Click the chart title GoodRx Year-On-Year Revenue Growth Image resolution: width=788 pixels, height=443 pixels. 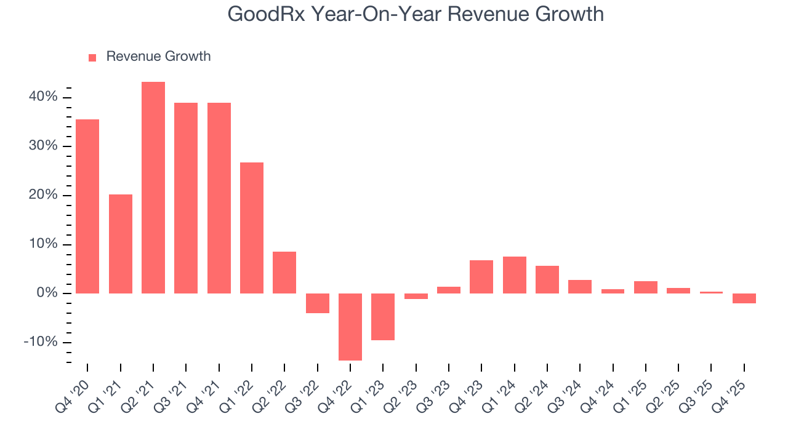(x=416, y=14)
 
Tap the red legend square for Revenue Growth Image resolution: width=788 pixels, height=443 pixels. (x=92, y=57)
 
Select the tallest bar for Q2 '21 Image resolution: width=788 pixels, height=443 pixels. (x=153, y=188)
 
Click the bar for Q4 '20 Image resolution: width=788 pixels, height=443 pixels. (x=87, y=206)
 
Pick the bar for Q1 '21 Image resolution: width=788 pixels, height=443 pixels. (x=121, y=244)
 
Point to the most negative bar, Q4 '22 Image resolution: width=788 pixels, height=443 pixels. (x=350, y=327)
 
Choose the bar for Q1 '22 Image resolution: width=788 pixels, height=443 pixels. (x=252, y=228)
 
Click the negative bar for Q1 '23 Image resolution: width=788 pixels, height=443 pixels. (x=383, y=317)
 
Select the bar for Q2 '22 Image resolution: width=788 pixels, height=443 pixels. (x=284, y=273)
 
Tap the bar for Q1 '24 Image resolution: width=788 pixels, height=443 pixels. (x=514, y=275)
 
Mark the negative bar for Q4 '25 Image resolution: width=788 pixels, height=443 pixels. (x=744, y=298)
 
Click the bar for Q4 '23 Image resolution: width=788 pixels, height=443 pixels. (x=481, y=277)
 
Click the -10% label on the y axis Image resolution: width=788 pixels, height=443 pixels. (x=40, y=342)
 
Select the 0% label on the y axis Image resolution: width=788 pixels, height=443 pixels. (x=47, y=293)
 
